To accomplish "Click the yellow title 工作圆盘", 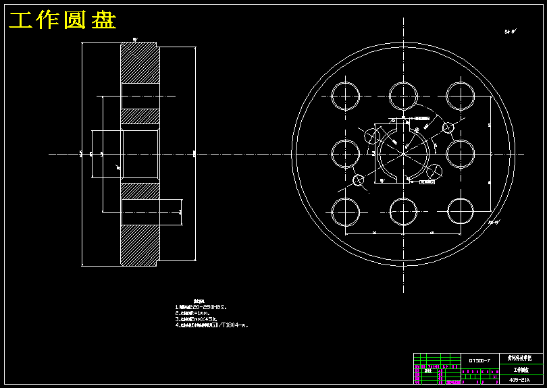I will tap(62, 21).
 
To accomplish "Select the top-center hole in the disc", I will tap(403, 96).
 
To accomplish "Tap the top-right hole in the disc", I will tap(460, 96).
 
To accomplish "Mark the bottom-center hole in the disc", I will tap(403, 212).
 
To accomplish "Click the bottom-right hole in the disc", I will tap(460, 212).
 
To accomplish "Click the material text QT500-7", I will tap(479, 360).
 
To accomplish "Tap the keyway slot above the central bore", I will tap(402, 128).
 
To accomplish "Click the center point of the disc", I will tap(402, 154).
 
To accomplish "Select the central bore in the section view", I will tap(140, 154).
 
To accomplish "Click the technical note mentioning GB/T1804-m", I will tap(211, 325).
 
